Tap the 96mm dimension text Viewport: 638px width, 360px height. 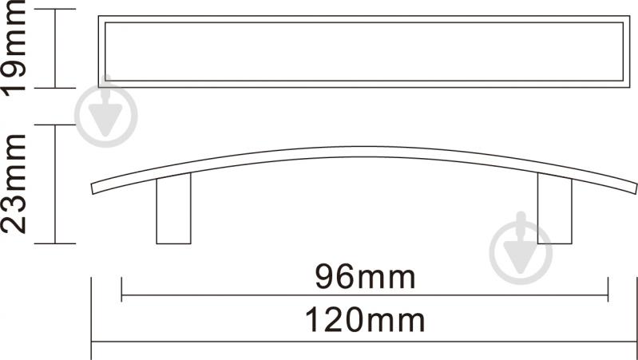[x=365, y=278]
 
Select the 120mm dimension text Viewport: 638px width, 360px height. [x=365, y=320]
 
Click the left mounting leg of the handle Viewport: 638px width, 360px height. [x=174, y=209]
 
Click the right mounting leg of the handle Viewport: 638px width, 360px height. [x=555, y=208]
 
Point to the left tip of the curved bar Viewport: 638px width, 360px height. [x=93, y=188]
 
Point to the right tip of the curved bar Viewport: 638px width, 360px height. [x=636, y=188]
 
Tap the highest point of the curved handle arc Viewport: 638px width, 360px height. [x=363, y=147]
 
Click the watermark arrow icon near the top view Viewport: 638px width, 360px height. [x=105, y=111]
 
